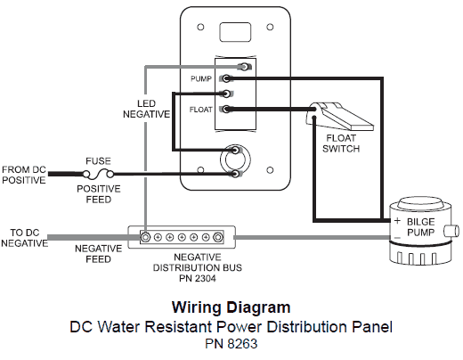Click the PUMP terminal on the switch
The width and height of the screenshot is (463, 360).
pos(226,78)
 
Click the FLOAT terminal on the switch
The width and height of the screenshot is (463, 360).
pos(226,110)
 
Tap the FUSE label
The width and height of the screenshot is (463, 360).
pos(98,161)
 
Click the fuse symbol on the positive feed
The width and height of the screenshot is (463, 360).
pos(98,174)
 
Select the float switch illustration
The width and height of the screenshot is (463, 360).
pos(339,116)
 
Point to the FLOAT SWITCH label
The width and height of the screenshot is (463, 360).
pos(341,143)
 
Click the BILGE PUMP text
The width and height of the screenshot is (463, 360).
pos(421,227)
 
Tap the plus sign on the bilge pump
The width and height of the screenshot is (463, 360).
pos(397,221)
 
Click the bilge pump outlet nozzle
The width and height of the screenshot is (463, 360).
pos(451,231)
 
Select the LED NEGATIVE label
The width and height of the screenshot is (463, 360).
pos(146,109)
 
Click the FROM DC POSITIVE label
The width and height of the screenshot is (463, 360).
pos(24,175)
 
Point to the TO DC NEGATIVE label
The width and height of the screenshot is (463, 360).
pos(25,238)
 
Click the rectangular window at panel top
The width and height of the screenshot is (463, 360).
pos(235,32)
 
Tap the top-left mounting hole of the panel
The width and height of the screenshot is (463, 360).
pos(200,27)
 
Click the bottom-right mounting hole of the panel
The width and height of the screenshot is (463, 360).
pos(270,170)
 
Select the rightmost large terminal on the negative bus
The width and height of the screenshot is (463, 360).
pos(218,237)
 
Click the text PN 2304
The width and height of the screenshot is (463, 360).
pos(198,279)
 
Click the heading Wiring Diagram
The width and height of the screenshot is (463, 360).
pos(231,307)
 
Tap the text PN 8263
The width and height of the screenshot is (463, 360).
pos(231,344)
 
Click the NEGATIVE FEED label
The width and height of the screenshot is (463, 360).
pos(98,254)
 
